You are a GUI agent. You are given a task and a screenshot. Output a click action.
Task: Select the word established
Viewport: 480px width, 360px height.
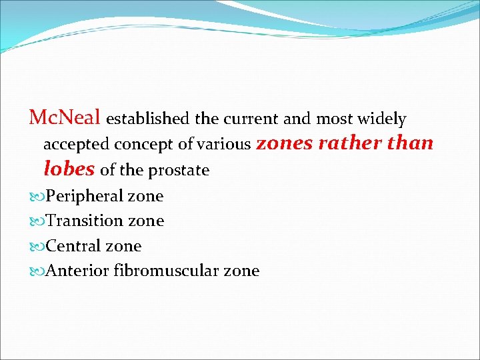[x=148, y=119]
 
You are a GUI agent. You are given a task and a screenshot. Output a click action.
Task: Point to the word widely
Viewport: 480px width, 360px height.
[x=381, y=119]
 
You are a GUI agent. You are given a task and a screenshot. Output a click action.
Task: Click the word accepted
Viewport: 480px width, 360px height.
[x=76, y=145]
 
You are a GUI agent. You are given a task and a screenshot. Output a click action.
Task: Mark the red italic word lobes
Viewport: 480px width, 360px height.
[x=69, y=169]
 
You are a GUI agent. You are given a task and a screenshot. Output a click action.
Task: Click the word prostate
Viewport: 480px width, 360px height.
[x=179, y=171]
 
